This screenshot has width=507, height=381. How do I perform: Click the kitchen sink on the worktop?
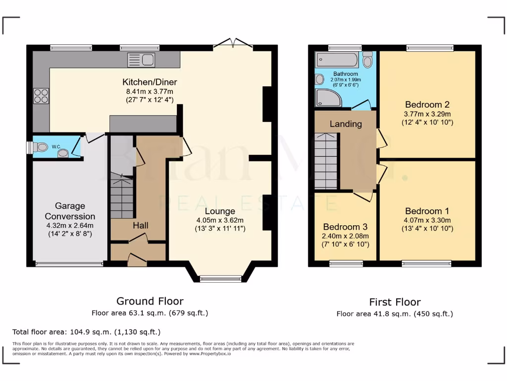142,60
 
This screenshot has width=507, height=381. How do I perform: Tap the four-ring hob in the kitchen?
41,95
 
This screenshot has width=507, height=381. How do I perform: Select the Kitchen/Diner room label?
150,82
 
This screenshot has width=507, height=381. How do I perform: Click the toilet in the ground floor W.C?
40,146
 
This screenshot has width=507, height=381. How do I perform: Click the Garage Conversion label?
70,211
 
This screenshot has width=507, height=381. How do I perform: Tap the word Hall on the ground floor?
140,225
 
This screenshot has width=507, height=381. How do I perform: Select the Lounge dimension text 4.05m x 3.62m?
219,220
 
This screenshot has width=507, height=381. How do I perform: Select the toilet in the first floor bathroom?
367,60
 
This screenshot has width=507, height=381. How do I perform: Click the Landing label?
346,124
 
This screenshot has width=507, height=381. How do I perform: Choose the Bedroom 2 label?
427,105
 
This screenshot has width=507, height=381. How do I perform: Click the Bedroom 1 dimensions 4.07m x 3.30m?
427,220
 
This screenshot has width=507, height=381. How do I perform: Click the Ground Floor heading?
150,301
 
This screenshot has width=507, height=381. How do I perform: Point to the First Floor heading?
395,302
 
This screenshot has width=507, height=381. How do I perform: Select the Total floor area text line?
86,331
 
